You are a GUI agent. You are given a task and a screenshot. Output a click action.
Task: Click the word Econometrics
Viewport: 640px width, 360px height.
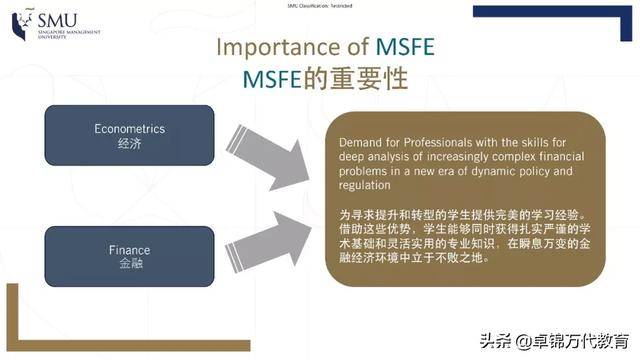point(129,130)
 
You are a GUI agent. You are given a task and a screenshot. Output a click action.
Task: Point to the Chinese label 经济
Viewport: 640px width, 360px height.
point(129,144)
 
